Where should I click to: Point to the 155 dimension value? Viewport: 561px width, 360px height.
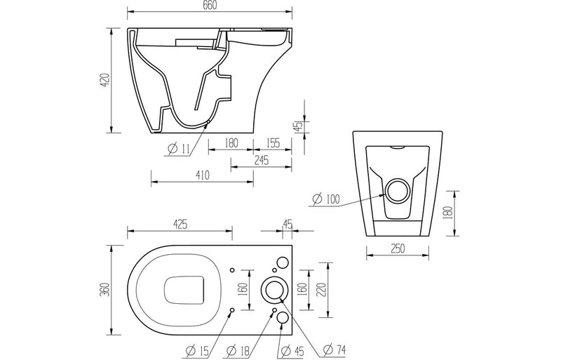(x=273, y=142)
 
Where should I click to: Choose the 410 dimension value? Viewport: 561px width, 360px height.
(x=202, y=175)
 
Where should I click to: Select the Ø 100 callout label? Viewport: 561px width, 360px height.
(x=325, y=200)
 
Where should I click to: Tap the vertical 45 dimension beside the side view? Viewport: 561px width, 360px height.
(x=298, y=126)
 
